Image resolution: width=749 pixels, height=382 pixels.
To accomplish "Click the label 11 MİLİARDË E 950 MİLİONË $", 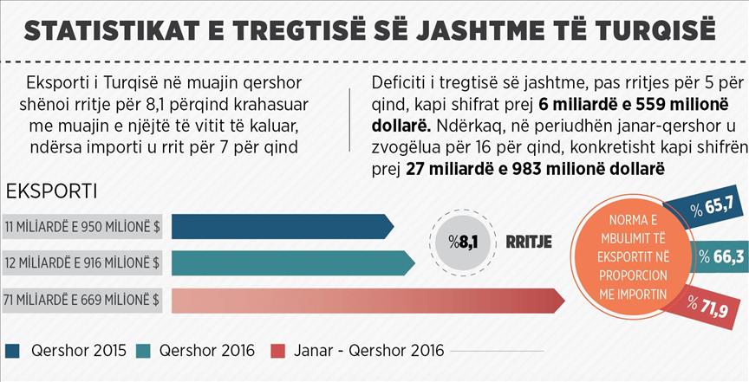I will coord(84,226).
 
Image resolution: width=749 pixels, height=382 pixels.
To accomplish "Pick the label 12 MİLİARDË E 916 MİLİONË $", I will coord(84,262).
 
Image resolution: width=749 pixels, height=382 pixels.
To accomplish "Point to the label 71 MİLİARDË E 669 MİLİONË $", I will coord(84,300).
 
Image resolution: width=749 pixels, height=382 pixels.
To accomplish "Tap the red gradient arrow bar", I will coord(364,300).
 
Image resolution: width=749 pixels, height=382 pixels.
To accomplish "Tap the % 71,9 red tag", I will coord(710,306).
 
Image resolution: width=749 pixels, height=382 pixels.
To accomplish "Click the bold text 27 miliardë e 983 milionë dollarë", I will coord(535,167).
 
